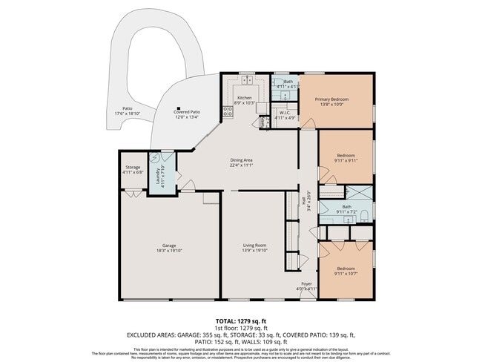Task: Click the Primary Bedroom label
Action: pyautogui.click(x=331, y=99)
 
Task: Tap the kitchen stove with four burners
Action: pyautogui.click(x=228, y=112)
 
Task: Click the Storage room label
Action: pyautogui.click(x=132, y=167)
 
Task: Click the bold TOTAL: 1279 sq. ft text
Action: pyautogui.click(x=241, y=320)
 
